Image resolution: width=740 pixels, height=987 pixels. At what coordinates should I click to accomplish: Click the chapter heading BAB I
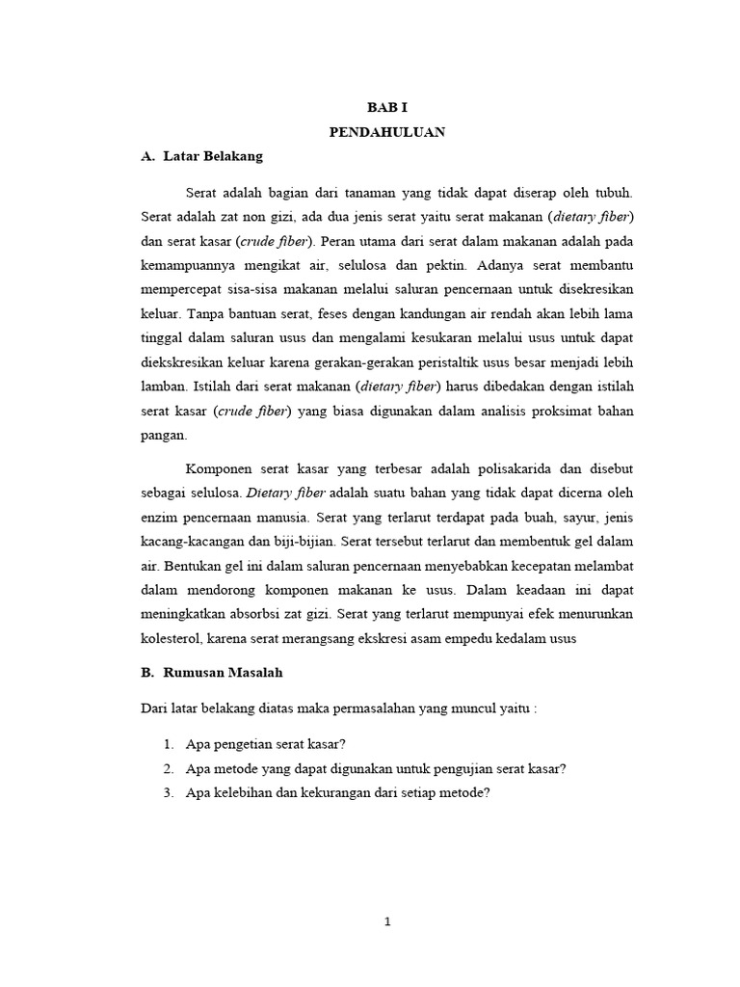coord(386,110)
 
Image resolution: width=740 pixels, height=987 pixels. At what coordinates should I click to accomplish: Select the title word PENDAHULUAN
coord(386,133)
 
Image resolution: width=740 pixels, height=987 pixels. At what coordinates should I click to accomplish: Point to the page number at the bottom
coord(386,921)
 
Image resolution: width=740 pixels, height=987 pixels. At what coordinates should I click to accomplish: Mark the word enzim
coord(159,517)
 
